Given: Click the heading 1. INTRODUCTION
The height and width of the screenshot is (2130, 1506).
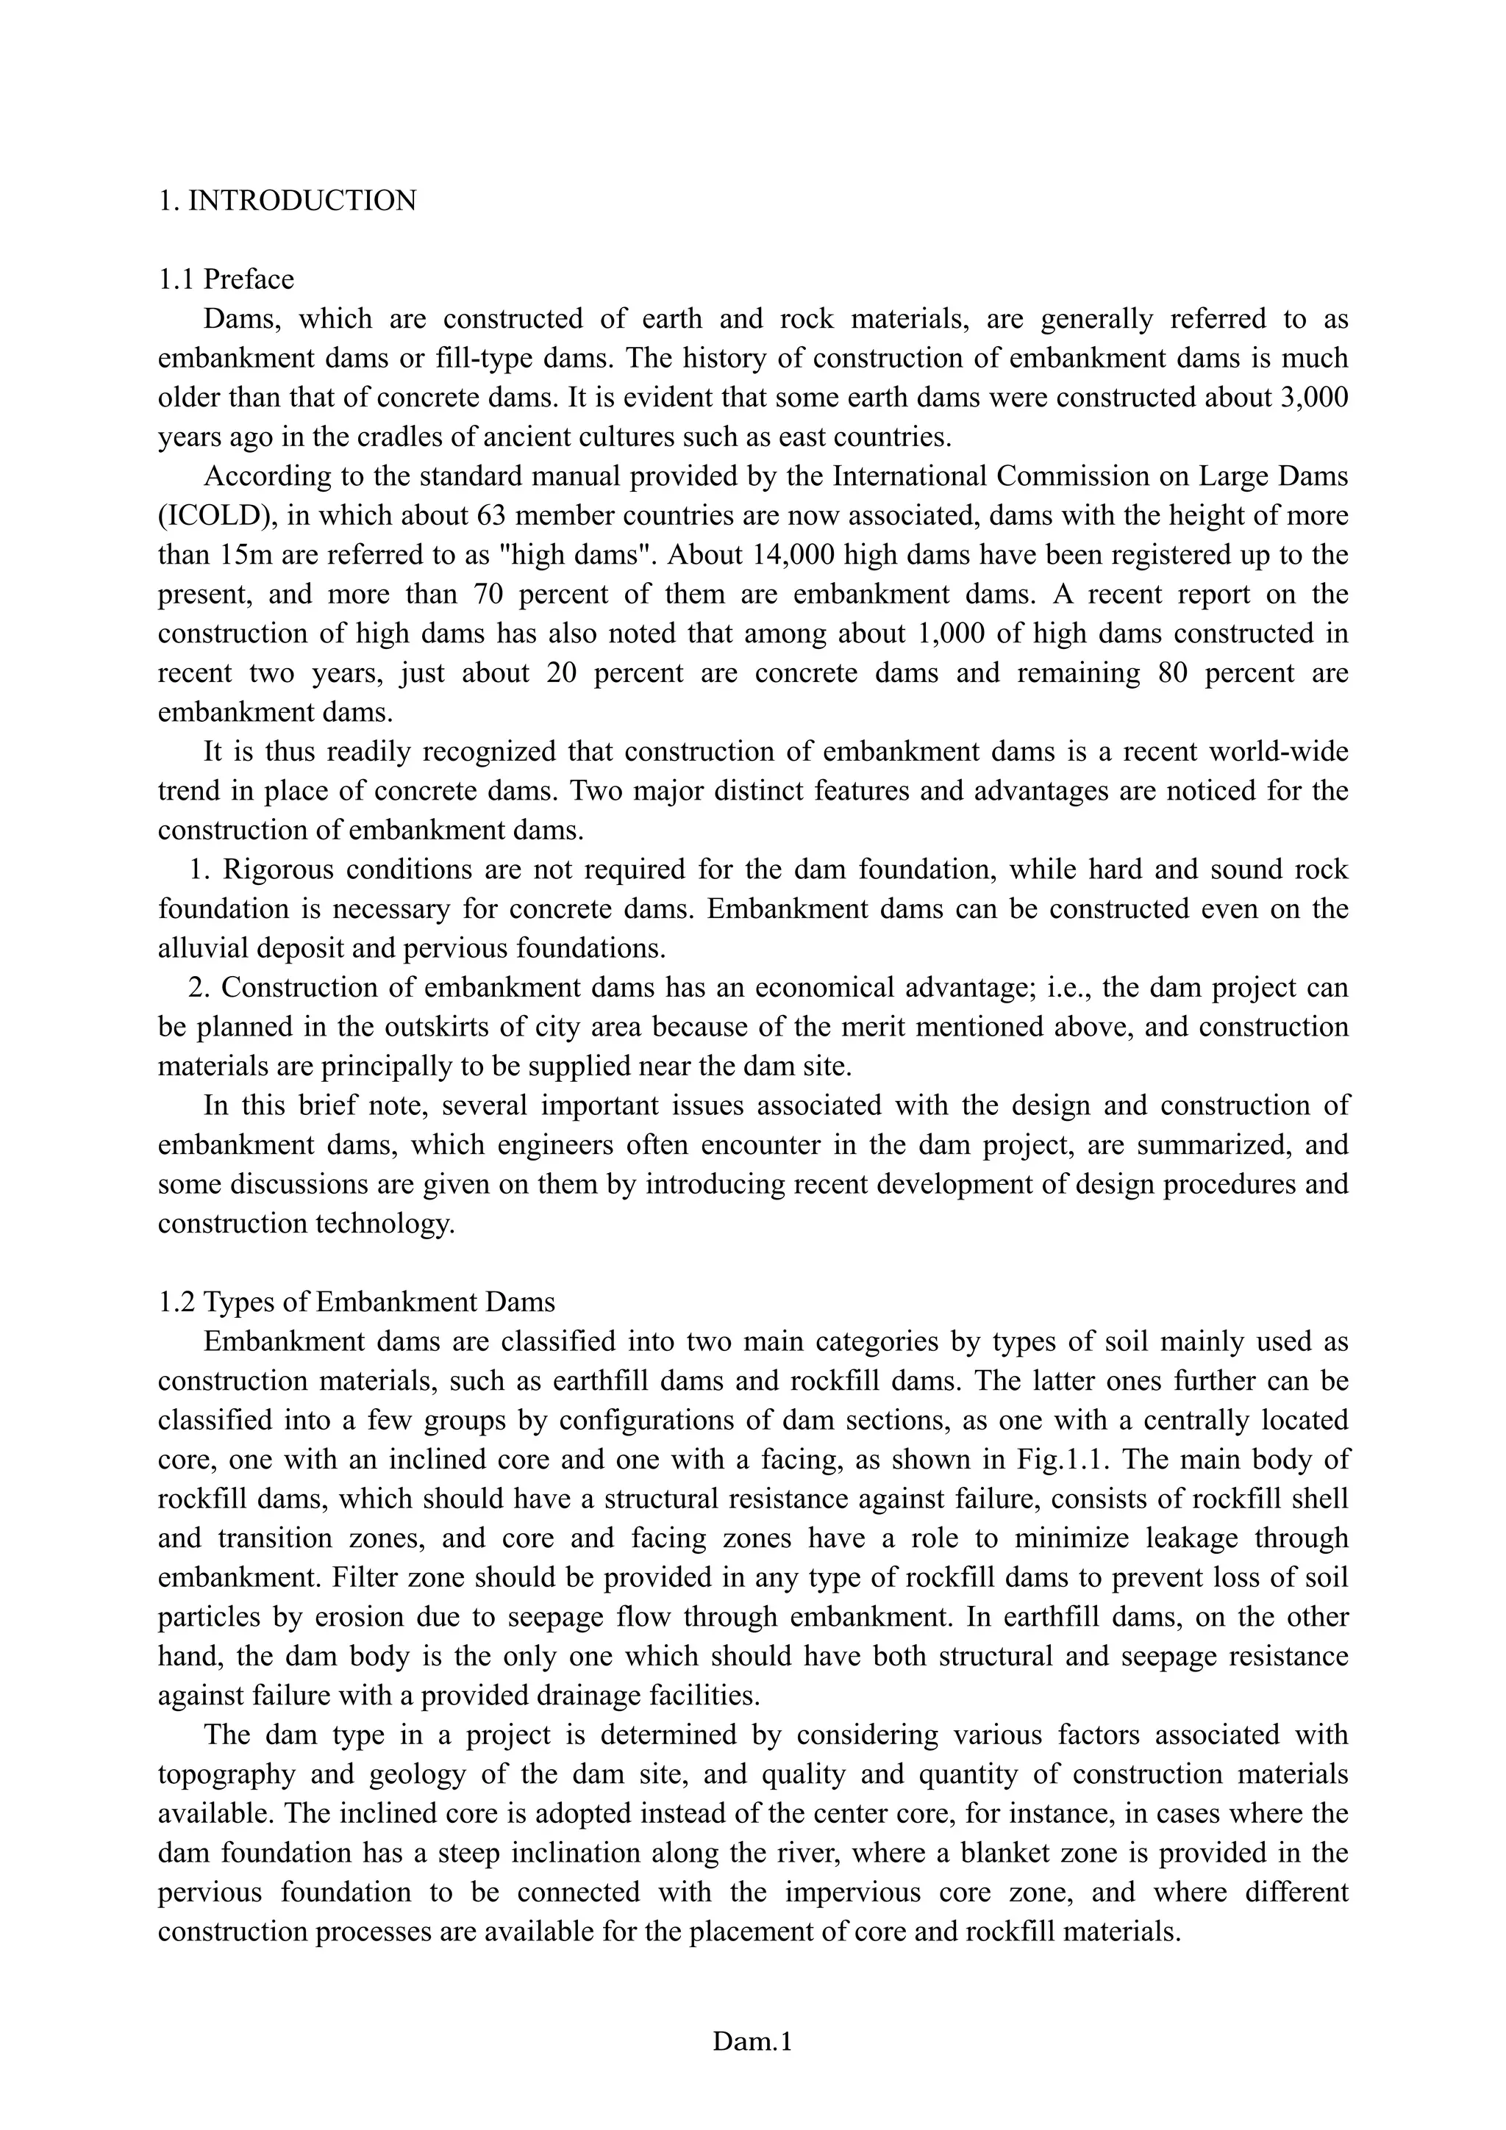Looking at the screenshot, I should coord(287,201).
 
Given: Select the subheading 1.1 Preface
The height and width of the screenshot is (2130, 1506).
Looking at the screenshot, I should coord(226,279).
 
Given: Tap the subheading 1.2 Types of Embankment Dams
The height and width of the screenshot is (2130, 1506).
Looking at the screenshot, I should coord(357,1302).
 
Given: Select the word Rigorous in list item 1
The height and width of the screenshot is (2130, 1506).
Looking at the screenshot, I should coord(276,869).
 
